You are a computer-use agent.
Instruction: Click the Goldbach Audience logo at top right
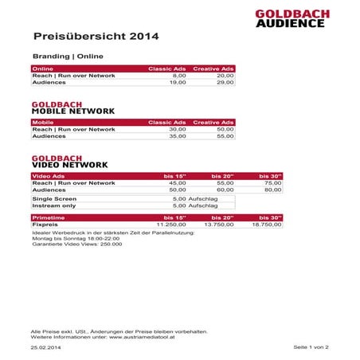[290, 18]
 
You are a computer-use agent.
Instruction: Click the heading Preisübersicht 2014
[96, 37]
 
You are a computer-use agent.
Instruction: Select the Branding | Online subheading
[67, 57]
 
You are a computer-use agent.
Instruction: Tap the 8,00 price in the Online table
[178, 76]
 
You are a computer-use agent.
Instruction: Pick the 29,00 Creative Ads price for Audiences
[225, 82]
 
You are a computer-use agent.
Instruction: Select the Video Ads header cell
[48, 175]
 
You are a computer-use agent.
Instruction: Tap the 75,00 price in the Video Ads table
[272, 182]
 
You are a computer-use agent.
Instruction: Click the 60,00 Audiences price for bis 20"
[225, 190]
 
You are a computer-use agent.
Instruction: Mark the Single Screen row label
[54, 198]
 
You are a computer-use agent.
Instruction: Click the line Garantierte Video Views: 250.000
[76, 245]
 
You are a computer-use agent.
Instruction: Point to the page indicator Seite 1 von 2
[311, 348]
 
